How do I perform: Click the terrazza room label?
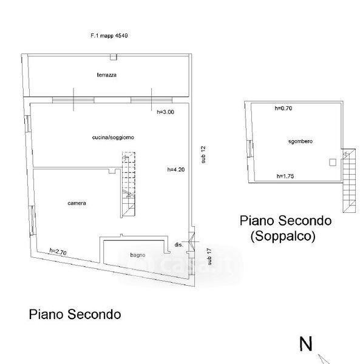(x=107, y=75)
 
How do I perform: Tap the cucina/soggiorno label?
(x=113, y=138)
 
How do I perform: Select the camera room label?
(x=77, y=203)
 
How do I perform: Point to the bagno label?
(x=138, y=255)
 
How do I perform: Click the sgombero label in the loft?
(x=301, y=141)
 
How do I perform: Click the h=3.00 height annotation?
(x=165, y=112)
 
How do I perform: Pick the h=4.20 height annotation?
(x=176, y=169)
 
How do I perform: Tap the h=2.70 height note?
(x=58, y=252)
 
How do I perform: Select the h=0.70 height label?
(x=284, y=108)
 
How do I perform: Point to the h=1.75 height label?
(x=285, y=176)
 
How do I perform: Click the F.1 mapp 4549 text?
(x=109, y=36)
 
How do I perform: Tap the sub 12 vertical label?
(x=203, y=155)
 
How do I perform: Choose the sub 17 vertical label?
(x=209, y=257)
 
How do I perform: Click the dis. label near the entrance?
(x=179, y=244)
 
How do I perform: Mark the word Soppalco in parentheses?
(x=283, y=237)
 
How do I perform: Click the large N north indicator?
(x=305, y=344)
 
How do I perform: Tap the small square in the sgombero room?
(x=333, y=162)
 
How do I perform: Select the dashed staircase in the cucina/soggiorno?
(x=129, y=184)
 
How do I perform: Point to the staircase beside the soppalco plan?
(x=349, y=181)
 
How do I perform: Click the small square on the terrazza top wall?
(x=114, y=57)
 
